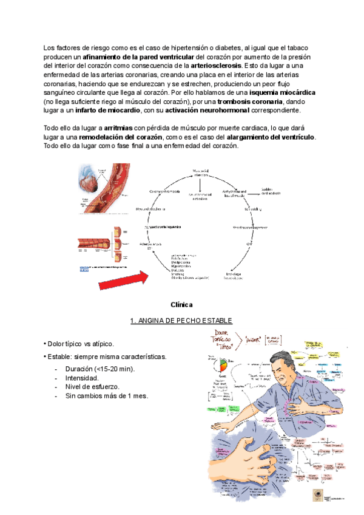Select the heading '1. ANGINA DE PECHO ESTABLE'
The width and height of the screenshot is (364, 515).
pos(181,321)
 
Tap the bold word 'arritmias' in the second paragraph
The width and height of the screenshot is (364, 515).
pos(118,128)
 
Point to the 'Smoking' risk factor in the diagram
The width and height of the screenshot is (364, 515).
pos(178,274)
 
